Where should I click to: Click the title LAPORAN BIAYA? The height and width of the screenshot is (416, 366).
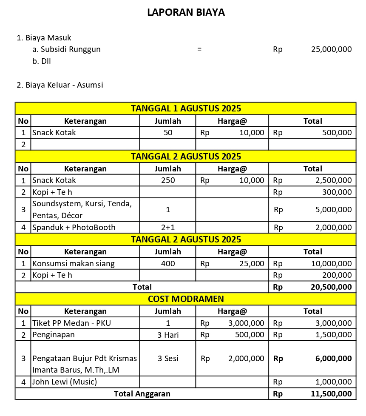pos(186,12)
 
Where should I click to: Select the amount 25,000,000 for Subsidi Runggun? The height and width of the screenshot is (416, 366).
pos(331,49)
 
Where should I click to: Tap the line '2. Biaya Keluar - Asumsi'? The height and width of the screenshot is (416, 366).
pos(60,85)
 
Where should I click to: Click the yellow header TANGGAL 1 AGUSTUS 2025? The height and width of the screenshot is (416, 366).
pos(186,108)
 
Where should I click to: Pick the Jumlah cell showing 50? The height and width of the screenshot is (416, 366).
pos(168,133)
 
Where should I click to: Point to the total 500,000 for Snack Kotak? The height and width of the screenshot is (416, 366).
pos(337,133)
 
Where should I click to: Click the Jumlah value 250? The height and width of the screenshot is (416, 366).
pos(168,180)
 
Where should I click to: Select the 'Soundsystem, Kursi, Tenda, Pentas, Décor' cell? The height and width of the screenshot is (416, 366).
pos(82,209)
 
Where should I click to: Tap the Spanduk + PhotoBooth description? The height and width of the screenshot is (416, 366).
pos(74,228)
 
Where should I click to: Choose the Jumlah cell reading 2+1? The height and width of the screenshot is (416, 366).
pos(168,228)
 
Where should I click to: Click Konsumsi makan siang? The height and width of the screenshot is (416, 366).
pos(74,264)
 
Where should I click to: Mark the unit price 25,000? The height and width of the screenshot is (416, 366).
pos(252,264)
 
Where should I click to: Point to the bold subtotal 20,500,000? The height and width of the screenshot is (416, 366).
pos(331,287)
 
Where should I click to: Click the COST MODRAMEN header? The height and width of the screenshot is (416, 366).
pos(186,299)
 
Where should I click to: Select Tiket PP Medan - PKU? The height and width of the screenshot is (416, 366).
pos(72,323)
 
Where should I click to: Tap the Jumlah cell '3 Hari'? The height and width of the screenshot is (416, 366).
pos(168,335)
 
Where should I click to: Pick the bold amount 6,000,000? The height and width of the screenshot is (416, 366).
pos(333,359)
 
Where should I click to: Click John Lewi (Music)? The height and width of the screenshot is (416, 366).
pos(65,382)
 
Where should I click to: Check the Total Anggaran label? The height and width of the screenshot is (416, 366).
pos(142,394)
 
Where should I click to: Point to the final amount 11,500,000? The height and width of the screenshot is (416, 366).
pos(331,394)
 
